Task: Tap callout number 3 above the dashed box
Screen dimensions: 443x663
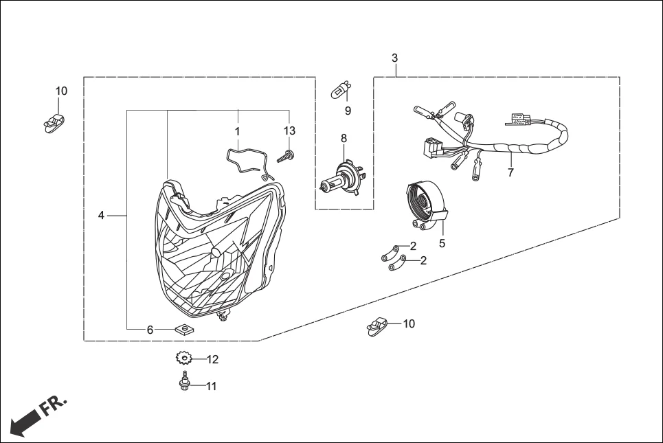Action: tap(394, 58)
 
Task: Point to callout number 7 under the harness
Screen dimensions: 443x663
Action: tap(510, 172)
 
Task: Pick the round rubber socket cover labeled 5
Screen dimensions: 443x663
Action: tap(424, 201)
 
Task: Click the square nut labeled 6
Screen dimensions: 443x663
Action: tap(183, 329)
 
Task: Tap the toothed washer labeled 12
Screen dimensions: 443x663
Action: tap(183, 358)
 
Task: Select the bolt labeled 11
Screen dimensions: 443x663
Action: tap(184, 383)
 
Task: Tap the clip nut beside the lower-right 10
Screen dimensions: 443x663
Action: tap(378, 325)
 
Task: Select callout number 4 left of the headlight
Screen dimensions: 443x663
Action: tap(101, 216)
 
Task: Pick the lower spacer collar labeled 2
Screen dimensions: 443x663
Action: tap(394, 262)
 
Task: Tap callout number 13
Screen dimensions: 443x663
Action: tap(289, 130)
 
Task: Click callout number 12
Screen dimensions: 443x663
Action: tap(212, 359)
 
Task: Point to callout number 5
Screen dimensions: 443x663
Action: tap(442, 243)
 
